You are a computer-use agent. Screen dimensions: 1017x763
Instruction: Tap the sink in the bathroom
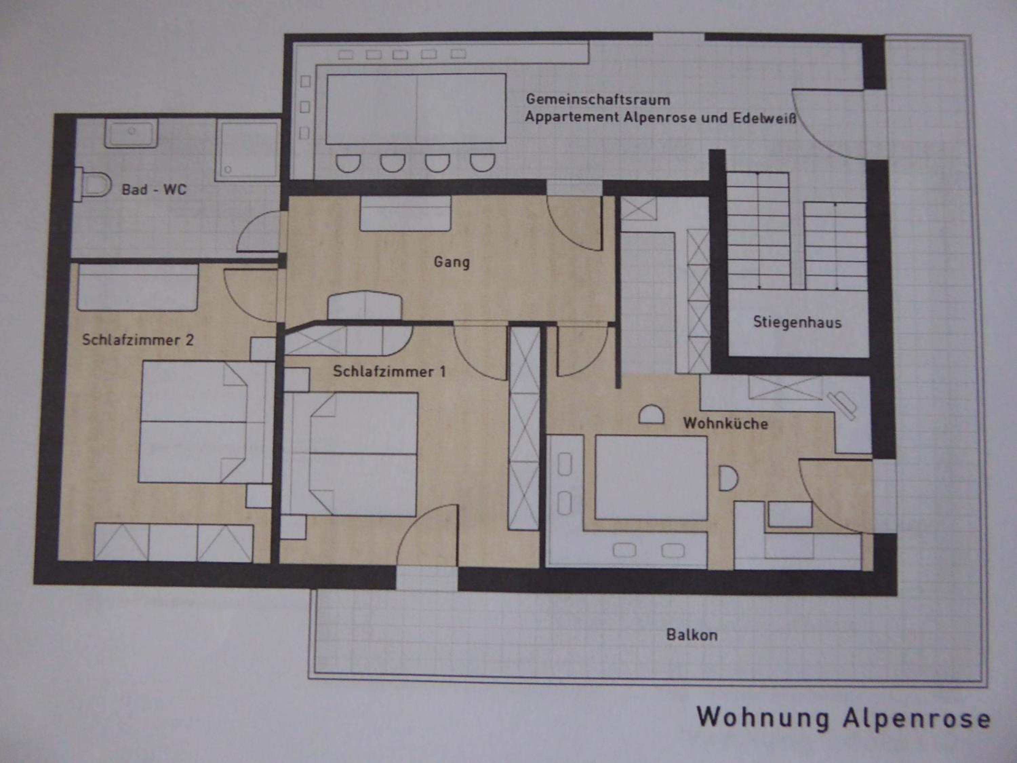point(132,133)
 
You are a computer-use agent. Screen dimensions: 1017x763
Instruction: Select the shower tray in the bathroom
point(248,150)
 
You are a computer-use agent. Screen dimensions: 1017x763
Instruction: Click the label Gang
point(452,262)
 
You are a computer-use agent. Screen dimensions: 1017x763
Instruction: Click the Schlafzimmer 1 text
point(389,371)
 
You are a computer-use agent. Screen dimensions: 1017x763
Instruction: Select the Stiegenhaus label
point(797,322)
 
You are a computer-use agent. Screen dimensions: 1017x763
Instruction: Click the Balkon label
point(692,635)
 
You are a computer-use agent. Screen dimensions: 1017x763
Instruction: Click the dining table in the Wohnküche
point(651,478)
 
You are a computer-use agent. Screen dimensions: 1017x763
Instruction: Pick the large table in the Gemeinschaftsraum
point(416,109)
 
